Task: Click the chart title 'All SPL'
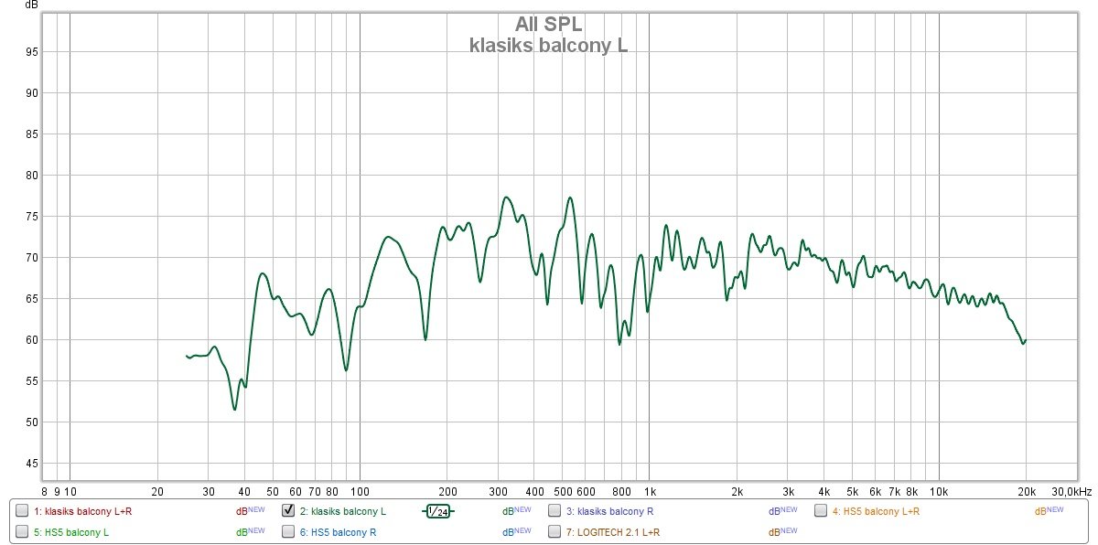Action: pyautogui.click(x=548, y=24)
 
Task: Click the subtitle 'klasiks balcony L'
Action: pyautogui.click(x=548, y=45)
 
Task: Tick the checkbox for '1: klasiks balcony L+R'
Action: pyautogui.click(x=22, y=510)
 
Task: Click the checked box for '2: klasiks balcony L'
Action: pyautogui.click(x=288, y=510)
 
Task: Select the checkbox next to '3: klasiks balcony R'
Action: pyautogui.click(x=554, y=510)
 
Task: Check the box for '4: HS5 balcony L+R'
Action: pyautogui.click(x=821, y=510)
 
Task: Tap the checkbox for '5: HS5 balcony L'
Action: pyautogui.click(x=22, y=531)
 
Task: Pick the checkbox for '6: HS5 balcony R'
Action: pyautogui.click(x=288, y=531)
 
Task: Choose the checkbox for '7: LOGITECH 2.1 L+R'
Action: pyautogui.click(x=554, y=531)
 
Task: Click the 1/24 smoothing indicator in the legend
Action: pyautogui.click(x=439, y=511)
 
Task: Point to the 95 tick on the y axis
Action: pyautogui.click(x=31, y=52)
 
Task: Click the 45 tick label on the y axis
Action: pyautogui.click(x=31, y=464)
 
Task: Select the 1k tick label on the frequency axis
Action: pyautogui.click(x=650, y=491)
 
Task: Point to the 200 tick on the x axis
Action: pyautogui.click(x=447, y=491)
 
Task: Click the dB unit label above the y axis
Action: pyautogui.click(x=32, y=5)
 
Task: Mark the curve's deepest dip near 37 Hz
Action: pyautogui.click(x=235, y=409)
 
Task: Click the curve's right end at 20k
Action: pyautogui.click(x=1026, y=340)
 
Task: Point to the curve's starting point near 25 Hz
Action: pyautogui.click(x=187, y=356)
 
